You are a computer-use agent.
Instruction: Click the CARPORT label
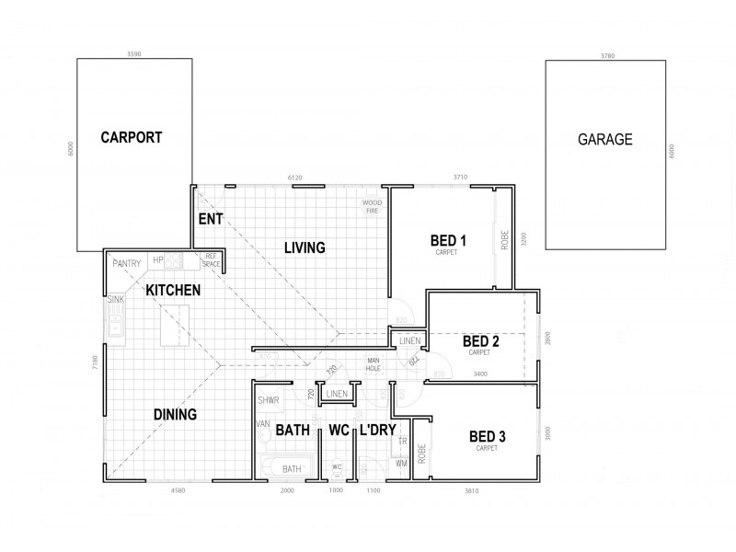pos(132,138)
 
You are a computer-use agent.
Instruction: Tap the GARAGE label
pos(604,140)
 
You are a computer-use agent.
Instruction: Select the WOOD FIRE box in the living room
pos(372,205)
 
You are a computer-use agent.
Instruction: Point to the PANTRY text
pos(127,264)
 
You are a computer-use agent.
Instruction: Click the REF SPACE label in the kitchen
pos(211,260)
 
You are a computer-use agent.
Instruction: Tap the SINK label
pos(115,300)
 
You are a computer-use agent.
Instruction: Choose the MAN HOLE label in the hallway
pos(374,363)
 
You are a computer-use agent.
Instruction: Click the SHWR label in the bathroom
pos(269,401)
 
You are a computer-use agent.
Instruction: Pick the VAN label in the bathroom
pos(264,424)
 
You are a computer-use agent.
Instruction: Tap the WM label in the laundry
pos(401,464)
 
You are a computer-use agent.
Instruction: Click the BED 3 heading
pos(487,436)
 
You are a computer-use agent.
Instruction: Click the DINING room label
pos(175,415)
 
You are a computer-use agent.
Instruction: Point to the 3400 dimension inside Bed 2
pos(479,374)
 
